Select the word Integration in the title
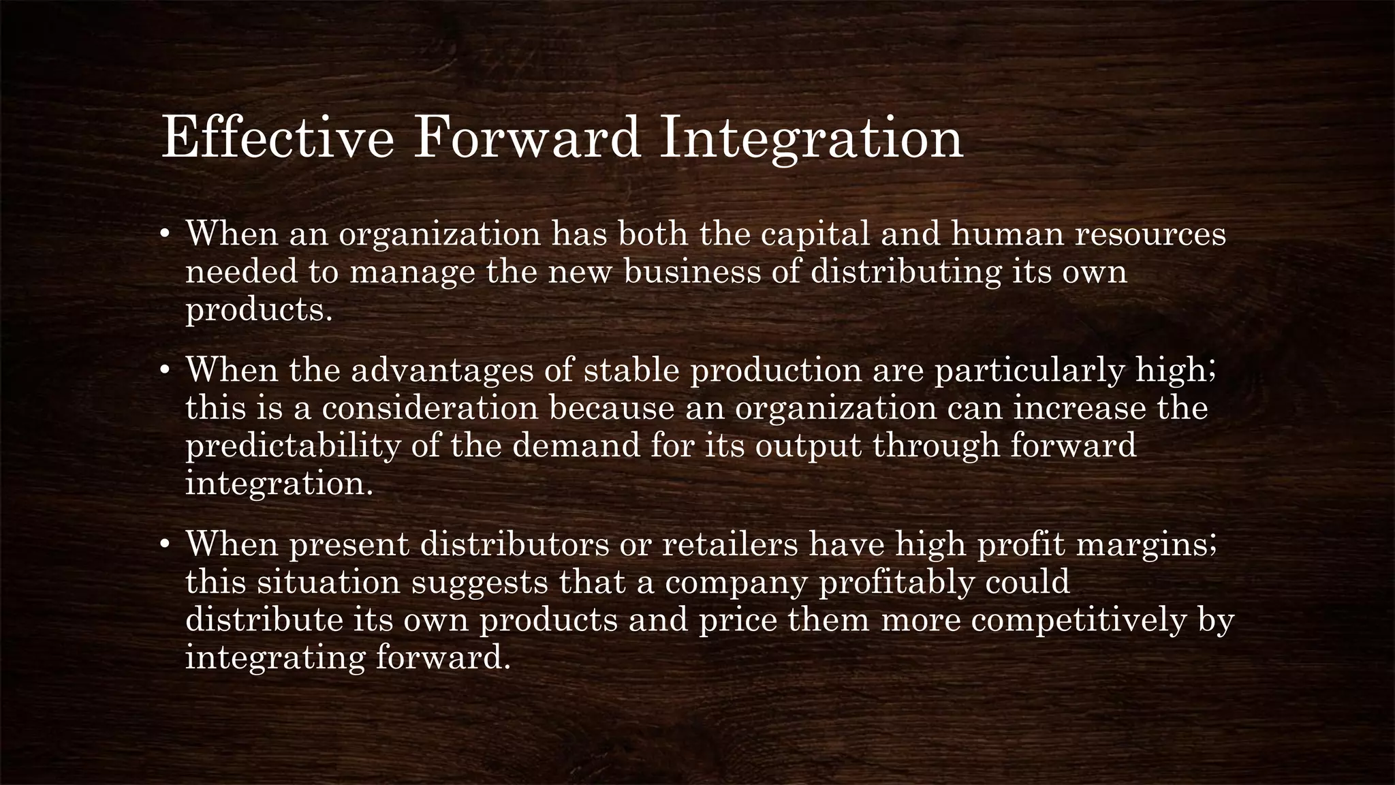tap(810, 138)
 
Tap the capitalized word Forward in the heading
tap(528, 138)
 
